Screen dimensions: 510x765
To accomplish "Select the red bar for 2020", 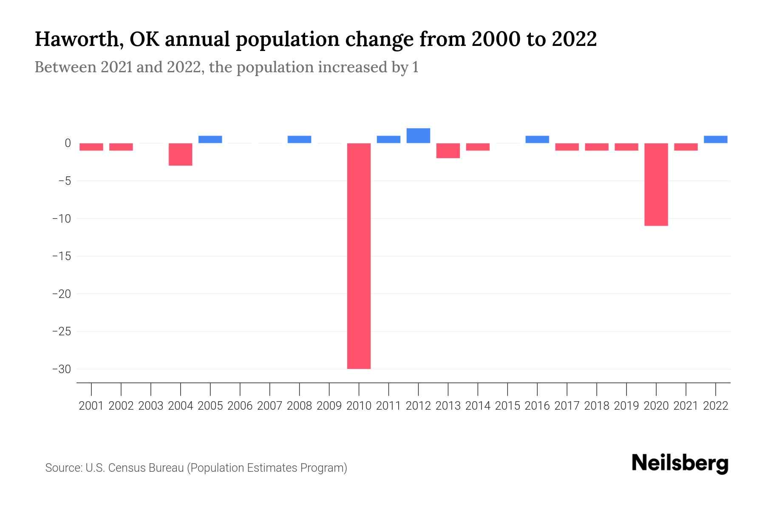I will (x=656, y=184).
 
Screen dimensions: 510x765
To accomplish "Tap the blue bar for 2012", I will (x=418, y=136).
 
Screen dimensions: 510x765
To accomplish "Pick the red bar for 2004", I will (x=181, y=154).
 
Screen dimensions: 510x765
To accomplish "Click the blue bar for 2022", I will (x=715, y=139).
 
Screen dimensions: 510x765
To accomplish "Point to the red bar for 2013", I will (x=448, y=150).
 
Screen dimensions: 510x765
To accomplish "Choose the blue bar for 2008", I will (x=299, y=139).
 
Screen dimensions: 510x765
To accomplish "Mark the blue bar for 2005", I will (x=210, y=139).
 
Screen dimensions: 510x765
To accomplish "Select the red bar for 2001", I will (x=91, y=147).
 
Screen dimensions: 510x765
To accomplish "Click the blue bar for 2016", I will (x=537, y=139).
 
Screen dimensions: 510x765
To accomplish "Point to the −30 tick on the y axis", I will (x=61, y=369).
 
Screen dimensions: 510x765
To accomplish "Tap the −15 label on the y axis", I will (x=61, y=256).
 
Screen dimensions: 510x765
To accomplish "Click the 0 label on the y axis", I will (x=68, y=143).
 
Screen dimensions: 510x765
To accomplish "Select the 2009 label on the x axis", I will (x=329, y=406).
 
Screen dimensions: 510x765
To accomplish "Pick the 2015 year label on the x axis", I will (x=507, y=406).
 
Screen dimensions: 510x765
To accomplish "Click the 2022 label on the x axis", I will (x=715, y=406).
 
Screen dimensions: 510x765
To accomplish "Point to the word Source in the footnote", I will (x=63, y=468).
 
